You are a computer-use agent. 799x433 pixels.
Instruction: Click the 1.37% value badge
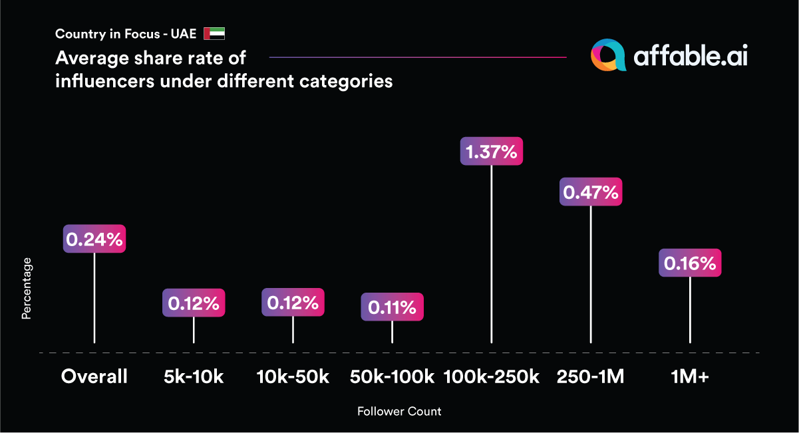[x=492, y=151]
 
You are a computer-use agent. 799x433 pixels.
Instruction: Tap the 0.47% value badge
[x=591, y=192]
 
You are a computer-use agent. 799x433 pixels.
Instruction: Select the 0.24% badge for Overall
[x=94, y=239]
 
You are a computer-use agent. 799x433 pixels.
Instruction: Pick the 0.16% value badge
[x=690, y=263]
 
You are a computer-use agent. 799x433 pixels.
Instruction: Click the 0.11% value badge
[x=392, y=307]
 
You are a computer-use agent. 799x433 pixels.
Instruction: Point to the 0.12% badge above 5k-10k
[x=194, y=303]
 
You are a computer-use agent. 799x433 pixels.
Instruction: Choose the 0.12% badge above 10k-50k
[x=293, y=303]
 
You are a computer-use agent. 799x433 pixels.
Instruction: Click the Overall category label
[x=94, y=377]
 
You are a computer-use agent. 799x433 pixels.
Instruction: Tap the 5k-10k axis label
[x=194, y=377]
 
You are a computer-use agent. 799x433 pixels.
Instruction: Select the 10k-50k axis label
[x=293, y=377]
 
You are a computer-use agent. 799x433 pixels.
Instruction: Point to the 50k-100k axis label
[x=392, y=377]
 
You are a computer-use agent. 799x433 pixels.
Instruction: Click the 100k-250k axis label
[x=492, y=377]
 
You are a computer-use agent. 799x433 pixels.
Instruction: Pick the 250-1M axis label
[x=591, y=377]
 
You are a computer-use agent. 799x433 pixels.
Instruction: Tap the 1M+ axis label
[x=690, y=377]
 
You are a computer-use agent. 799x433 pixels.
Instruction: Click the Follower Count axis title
[x=399, y=412]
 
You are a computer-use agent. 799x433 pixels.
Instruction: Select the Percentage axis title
[x=27, y=293]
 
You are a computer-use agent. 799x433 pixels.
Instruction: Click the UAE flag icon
[x=214, y=34]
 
